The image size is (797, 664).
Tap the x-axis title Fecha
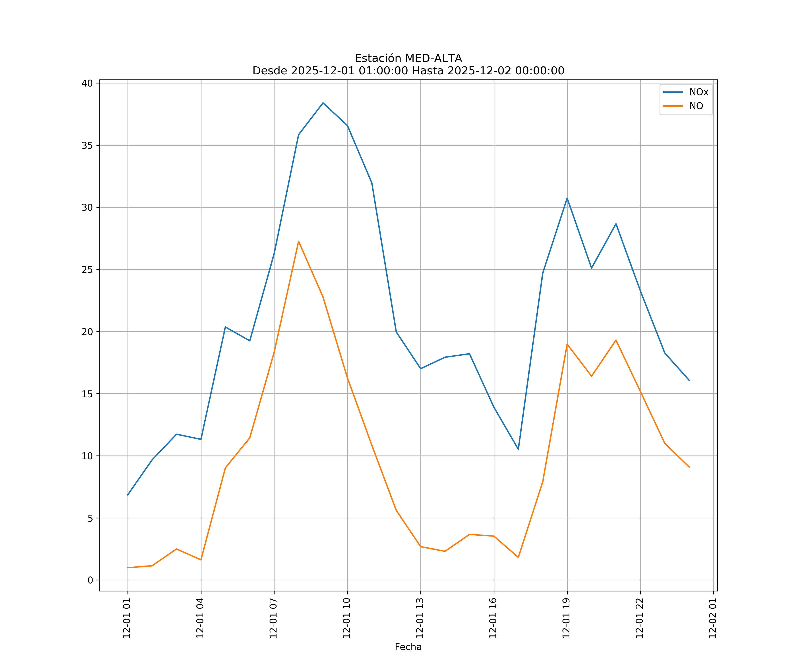pyautogui.click(x=408, y=647)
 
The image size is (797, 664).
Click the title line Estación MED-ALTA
pyautogui.click(x=408, y=58)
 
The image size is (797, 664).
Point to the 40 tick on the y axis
pyautogui.click(x=87, y=83)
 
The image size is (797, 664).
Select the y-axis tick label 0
pyautogui.click(x=90, y=580)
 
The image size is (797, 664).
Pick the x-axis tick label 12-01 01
pyautogui.click(x=127, y=618)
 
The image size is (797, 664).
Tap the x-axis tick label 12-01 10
pyautogui.click(x=346, y=618)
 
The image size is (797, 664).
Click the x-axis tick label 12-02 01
pyautogui.click(x=713, y=618)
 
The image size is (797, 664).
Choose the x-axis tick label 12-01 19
pyautogui.click(x=566, y=618)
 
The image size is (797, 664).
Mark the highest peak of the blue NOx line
pyautogui.click(x=323, y=103)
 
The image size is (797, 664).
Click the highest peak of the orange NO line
pyautogui.click(x=299, y=241)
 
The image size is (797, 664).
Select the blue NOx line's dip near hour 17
pyautogui.click(x=518, y=449)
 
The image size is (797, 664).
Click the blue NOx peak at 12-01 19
pyautogui.click(x=567, y=198)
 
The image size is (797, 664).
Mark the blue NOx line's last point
pyautogui.click(x=689, y=380)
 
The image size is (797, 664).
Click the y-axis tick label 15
pyautogui.click(x=87, y=394)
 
